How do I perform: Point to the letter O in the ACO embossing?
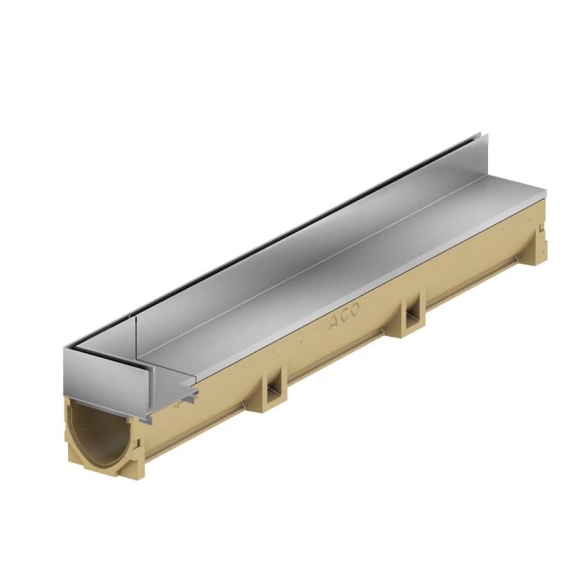point(355,307)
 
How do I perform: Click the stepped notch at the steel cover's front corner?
point(186,395)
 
